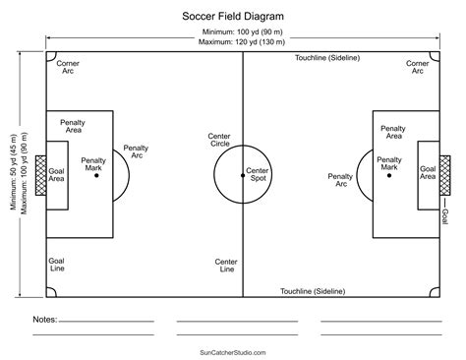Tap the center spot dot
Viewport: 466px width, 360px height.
(243, 175)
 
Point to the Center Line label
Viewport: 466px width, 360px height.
(225, 265)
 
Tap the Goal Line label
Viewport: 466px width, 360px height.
(58, 265)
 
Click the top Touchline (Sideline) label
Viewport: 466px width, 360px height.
(328, 58)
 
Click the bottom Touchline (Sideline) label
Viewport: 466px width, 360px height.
(313, 291)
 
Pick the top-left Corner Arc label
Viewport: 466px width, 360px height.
(69, 66)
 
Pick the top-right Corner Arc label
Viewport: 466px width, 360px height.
(417, 66)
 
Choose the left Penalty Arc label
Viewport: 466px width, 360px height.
(136, 153)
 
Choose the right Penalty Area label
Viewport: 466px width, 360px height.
(393, 132)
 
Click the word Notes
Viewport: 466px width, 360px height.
(43, 320)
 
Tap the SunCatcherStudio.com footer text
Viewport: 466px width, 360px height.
(232, 351)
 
